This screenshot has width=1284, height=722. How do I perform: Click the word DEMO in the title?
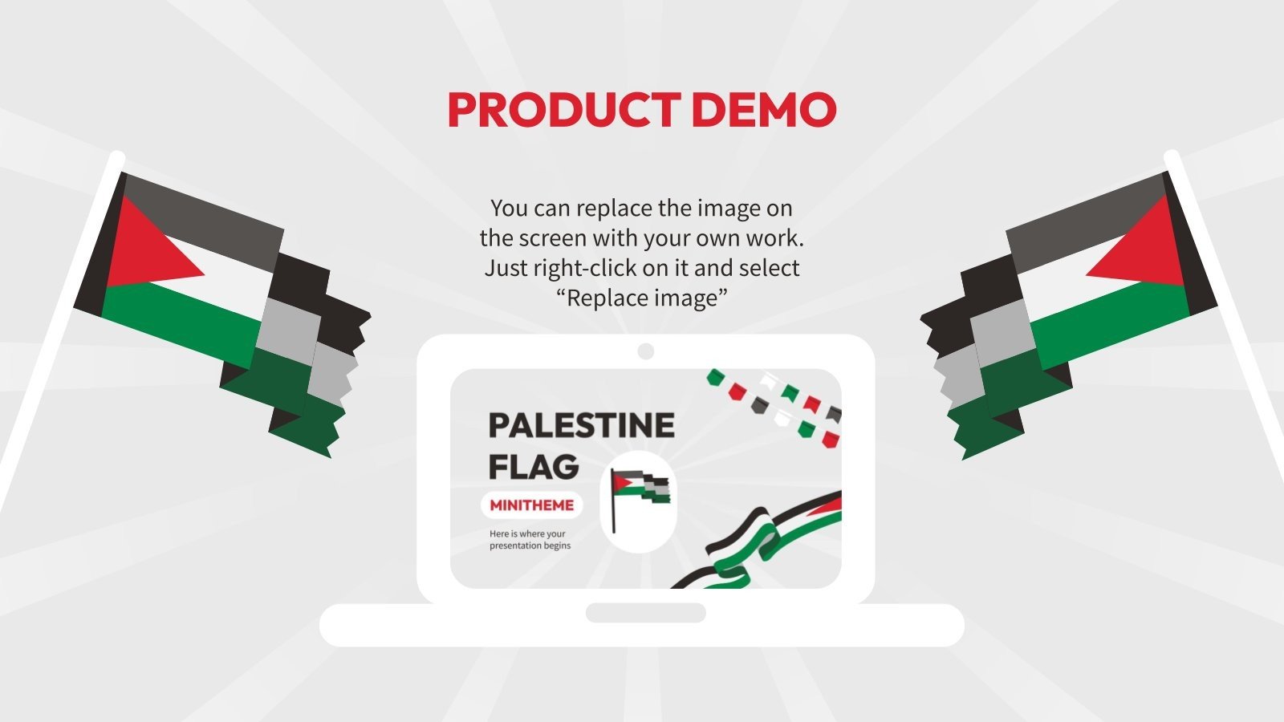coord(763,110)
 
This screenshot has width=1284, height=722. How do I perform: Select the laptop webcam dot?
coord(645,351)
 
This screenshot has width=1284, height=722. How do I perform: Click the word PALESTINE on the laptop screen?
coord(581,425)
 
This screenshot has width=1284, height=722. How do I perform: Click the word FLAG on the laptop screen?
coord(534,466)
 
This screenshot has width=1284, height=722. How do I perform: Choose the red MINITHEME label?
coord(531,505)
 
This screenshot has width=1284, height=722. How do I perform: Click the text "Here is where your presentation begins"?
coord(530,540)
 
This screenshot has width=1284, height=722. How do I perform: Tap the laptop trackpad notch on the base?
coord(645,613)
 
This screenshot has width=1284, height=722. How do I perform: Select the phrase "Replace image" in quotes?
coord(642,298)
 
